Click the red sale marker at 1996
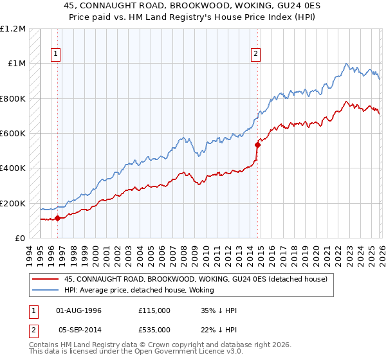point(57,218)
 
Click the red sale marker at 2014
point(258,145)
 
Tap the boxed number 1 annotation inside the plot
point(57,55)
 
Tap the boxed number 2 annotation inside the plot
point(256,55)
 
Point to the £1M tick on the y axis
point(17,64)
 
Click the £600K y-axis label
point(13,134)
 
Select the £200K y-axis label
point(13,203)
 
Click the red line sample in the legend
point(45,279)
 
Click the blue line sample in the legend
point(45,290)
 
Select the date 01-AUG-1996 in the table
point(79,310)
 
